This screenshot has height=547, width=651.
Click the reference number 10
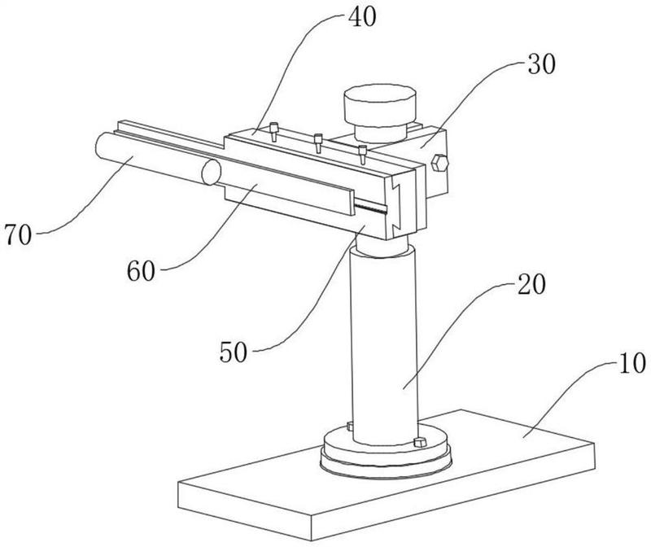pos(632,363)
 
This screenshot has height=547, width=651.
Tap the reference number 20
pos(531,285)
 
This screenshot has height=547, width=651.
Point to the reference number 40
pos(362,17)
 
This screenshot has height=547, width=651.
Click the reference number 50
pos(234,352)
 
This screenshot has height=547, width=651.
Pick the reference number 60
pos(141,271)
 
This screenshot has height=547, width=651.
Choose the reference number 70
pos(18,234)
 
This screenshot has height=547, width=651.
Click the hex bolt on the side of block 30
pos(440,164)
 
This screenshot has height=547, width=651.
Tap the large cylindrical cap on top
pos(380,107)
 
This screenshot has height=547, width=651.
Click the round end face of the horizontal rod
pos(212,172)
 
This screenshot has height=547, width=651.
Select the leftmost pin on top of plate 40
pos(274,132)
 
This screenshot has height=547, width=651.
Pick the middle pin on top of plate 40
pos(318,143)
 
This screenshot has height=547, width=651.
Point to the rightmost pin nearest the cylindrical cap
pos(363,155)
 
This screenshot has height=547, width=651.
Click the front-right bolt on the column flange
pos(420,442)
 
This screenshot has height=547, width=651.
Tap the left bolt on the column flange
pos(350,427)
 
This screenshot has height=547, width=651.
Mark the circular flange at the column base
pos(386,452)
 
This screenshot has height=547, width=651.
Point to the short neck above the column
pos(381,246)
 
